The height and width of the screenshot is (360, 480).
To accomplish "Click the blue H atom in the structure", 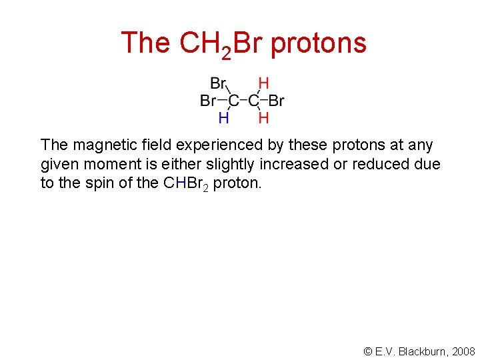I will [x=224, y=118].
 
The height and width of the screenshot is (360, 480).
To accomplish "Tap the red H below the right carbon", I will [x=263, y=118].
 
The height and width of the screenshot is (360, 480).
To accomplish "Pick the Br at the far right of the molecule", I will [x=277, y=101].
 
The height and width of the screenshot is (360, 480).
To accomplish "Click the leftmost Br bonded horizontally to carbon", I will [x=208, y=101].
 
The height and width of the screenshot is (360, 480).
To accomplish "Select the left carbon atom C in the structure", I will [x=233, y=101].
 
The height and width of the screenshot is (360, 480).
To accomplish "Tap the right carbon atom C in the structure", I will [x=253, y=101].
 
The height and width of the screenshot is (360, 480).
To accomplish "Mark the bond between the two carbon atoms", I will [x=243, y=101].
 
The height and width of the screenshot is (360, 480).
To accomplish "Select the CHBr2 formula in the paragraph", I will [x=187, y=184].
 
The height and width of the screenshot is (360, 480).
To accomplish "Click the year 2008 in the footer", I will [x=463, y=351].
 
